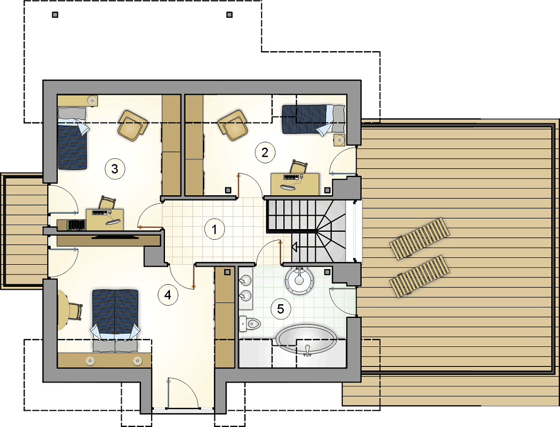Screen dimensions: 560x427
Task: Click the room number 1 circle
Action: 214,229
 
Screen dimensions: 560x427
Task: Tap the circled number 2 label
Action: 264,152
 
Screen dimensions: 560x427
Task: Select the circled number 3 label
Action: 114,168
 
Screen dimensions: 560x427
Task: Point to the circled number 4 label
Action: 168,295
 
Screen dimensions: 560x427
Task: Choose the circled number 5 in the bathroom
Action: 281,309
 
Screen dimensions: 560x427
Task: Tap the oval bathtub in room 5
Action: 307,340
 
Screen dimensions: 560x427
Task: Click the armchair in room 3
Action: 133,125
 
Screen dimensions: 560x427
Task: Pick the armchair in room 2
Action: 233,125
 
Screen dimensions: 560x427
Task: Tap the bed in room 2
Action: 313,120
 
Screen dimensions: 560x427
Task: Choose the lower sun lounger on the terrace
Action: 419,276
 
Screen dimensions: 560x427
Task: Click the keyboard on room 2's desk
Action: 291,177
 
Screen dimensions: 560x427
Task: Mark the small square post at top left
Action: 55,14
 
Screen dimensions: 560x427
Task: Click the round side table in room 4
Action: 62,310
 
